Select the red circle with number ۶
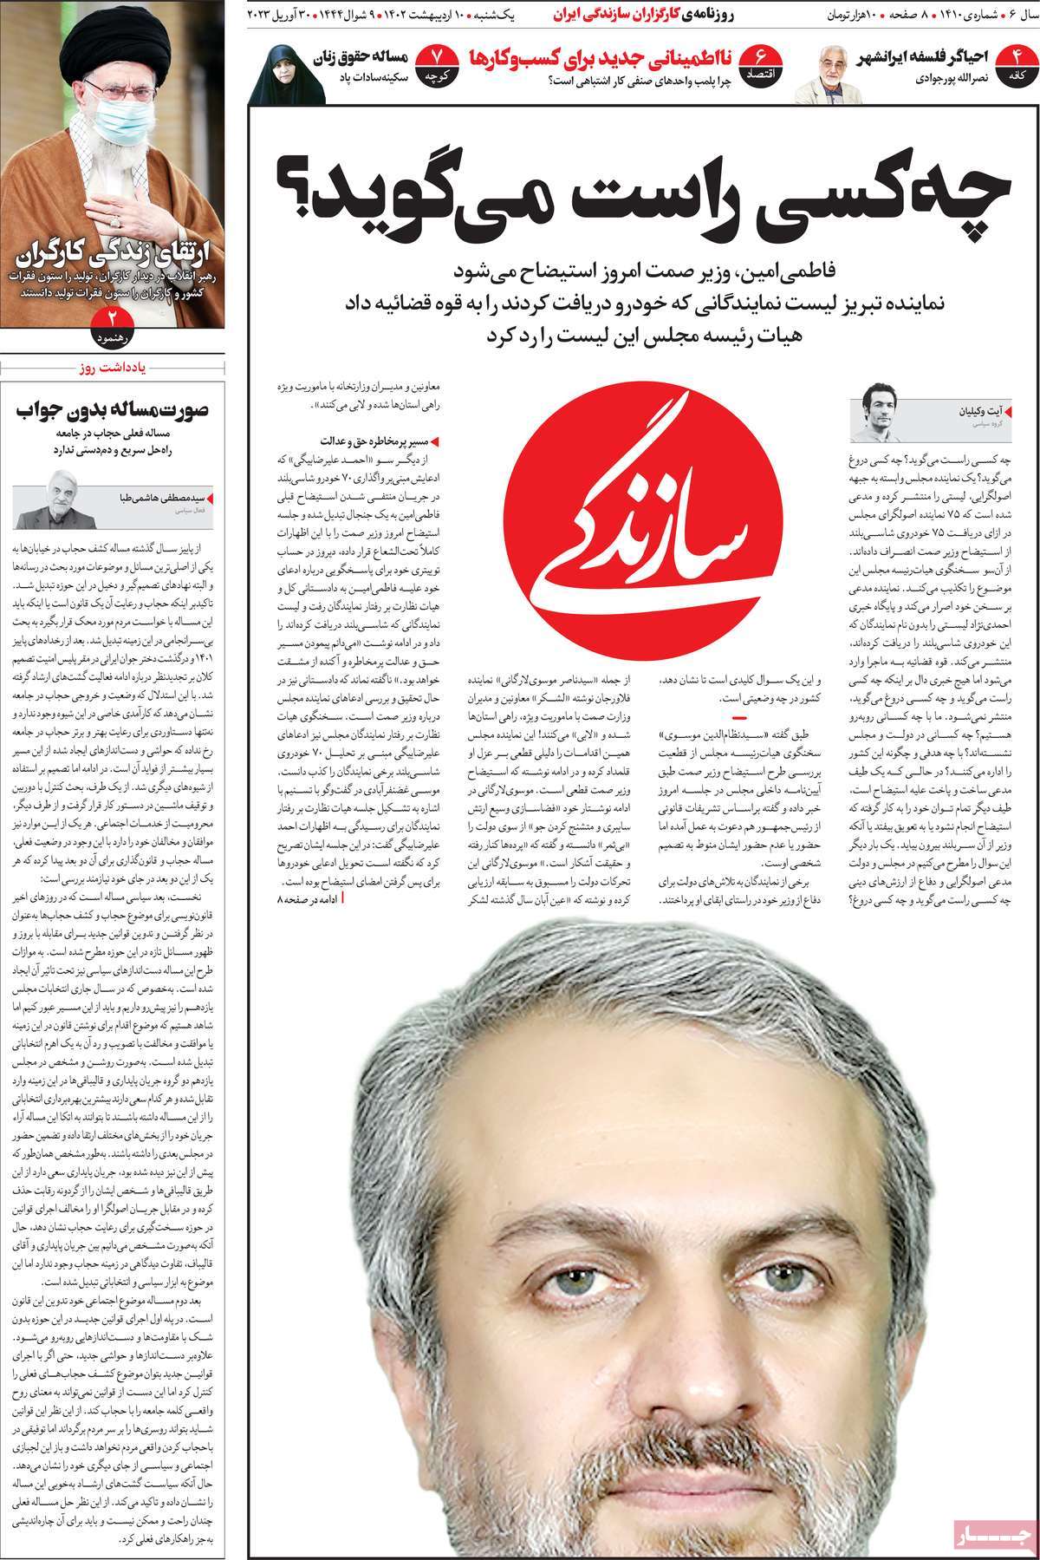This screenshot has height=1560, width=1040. (x=764, y=63)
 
